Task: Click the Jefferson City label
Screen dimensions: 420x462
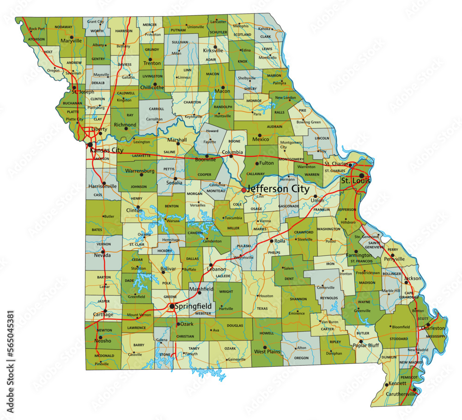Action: coord(278,189)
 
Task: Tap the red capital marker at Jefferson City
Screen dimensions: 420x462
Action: coord(244,190)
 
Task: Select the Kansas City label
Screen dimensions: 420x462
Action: coord(107,150)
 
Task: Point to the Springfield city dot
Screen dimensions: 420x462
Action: coord(172,306)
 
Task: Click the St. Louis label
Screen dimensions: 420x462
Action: coord(356,180)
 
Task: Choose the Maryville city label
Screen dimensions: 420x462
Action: coord(71,41)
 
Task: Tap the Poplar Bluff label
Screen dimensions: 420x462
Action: coord(366,346)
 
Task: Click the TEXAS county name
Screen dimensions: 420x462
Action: coord(262,309)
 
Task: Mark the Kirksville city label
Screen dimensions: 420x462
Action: coord(213,50)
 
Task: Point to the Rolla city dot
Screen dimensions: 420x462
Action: coord(271,241)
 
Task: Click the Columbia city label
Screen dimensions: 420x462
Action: coord(232,152)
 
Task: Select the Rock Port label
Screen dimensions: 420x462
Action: coord(37,29)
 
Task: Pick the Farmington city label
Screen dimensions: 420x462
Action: coord(359,255)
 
